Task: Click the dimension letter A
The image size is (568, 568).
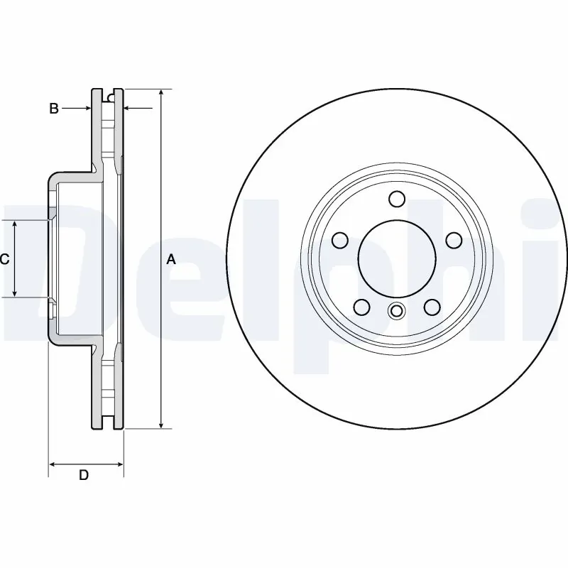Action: point(170,260)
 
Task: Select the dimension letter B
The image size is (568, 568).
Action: point(54,109)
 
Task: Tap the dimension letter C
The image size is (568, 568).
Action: point(4,260)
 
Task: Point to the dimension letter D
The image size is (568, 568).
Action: point(83,475)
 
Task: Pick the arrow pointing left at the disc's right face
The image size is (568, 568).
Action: point(129,109)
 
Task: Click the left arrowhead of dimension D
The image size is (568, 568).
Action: point(53,465)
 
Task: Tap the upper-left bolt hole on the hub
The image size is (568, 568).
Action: point(340,241)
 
